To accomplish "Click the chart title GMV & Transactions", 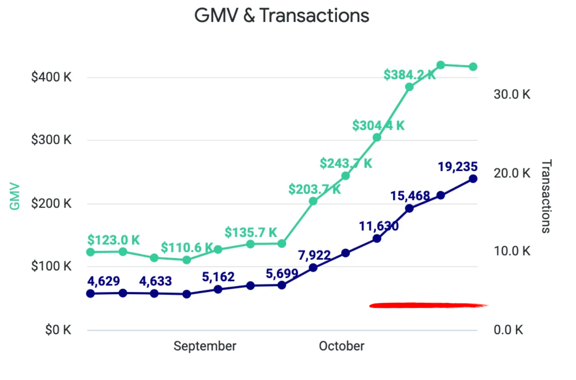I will tap(282, 16).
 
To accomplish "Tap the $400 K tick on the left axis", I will tap(51, 77).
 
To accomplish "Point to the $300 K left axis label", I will tap(51, 140).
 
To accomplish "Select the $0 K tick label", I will tap(58, 330).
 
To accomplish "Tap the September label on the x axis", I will tap(205, 346).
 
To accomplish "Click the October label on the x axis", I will tap(341, 346).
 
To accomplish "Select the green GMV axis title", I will tap(15, 196).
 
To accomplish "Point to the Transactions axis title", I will tap(546, 196).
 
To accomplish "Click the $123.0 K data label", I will tap(114, 239).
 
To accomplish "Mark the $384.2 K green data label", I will tap(409, 75).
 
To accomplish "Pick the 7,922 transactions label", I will tap(314, 256).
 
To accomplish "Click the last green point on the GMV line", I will tap(473, 67).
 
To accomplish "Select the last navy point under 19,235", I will tap(473, 179).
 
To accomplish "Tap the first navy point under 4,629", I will tap(90, 293).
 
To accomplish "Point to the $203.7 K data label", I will tap(315, 190).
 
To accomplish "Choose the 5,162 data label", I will tap(218, 277).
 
